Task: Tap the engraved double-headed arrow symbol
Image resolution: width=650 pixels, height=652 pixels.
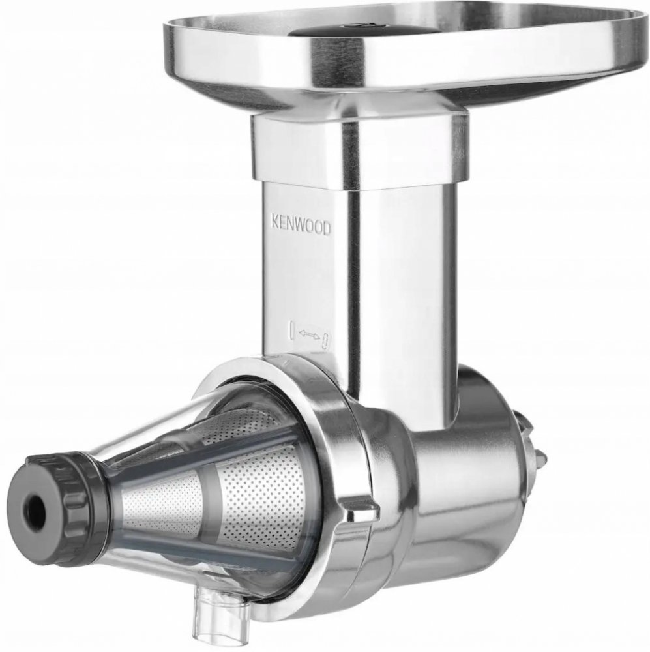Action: point(309,333)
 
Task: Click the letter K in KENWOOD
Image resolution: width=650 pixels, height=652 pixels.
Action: point(275,221)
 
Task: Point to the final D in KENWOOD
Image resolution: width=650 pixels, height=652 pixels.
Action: point(327,230)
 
